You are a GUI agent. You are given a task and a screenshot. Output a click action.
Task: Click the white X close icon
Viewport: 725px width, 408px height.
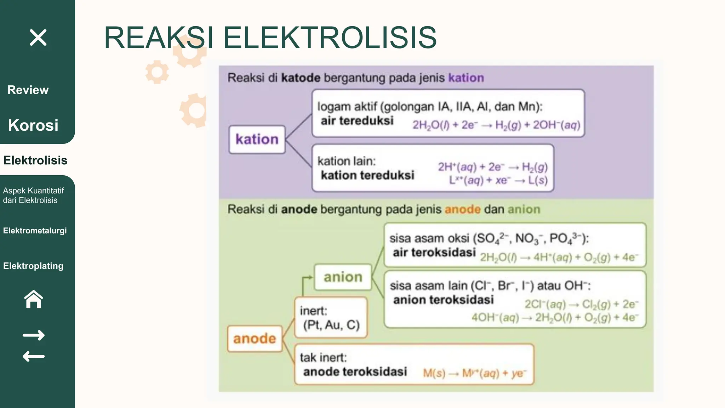[38, 38]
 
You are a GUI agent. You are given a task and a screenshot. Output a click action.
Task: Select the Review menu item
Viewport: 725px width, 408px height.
[28, 90]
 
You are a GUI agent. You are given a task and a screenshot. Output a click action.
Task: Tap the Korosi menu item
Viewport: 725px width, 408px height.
[33, 125]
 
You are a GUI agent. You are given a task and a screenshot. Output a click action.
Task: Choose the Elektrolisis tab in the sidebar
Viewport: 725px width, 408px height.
[35, 160]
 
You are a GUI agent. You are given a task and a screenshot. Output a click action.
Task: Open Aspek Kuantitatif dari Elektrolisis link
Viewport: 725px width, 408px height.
[33, 195]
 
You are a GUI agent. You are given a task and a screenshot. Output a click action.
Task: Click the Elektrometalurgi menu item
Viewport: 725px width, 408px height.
[35, 231]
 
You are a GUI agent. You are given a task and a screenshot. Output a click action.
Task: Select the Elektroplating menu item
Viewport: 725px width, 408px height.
[33, 266]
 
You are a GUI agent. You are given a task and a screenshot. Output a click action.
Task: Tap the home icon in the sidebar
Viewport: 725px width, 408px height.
[34, 299]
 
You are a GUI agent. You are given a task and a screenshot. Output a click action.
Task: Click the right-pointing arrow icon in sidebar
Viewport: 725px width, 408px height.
[34, 335]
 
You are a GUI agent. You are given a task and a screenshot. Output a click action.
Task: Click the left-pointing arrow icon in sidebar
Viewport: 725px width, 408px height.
[34, 356]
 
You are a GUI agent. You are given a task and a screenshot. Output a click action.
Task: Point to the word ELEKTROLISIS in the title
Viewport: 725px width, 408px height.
[330, 38]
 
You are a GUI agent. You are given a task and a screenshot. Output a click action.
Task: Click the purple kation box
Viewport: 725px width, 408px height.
[257, 140]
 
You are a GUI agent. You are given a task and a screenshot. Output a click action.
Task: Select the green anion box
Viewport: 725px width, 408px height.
[343, 277]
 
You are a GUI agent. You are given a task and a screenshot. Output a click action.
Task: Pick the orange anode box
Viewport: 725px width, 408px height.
[255, 339]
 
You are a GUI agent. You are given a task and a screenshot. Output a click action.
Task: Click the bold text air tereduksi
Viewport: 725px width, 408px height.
[357, 121]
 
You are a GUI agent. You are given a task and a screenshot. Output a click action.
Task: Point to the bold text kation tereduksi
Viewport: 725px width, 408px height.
[367, 175]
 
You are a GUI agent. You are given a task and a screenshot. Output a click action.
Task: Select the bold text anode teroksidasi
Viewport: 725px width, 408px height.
[355, 372]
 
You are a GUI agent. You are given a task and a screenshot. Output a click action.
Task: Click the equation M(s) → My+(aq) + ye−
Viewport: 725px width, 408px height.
[475, 373]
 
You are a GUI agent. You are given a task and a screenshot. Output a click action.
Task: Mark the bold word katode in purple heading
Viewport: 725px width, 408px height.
[301, 78]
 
